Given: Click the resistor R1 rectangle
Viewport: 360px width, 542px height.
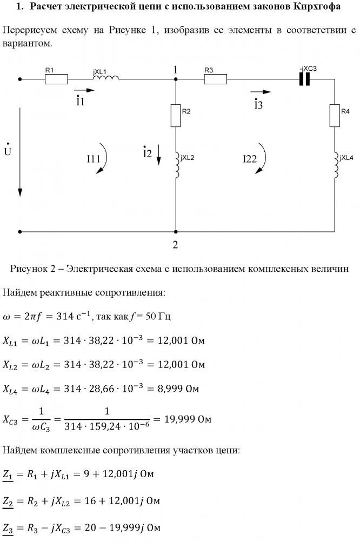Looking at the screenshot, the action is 56,79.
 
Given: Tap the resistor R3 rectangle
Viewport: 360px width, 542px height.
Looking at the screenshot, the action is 216,79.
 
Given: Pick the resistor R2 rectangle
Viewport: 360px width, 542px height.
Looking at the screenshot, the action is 176,116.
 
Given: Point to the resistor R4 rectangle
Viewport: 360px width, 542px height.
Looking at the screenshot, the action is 335,116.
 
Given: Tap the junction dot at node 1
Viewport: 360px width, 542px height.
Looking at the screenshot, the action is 176,79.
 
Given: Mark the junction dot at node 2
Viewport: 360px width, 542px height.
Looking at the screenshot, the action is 176,231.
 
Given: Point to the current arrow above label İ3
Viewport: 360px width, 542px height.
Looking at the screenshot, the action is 260,92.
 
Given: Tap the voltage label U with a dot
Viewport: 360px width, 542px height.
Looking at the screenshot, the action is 7,151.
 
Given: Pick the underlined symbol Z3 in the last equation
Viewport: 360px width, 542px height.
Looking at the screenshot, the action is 9,527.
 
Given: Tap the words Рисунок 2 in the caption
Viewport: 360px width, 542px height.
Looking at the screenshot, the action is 32,269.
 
